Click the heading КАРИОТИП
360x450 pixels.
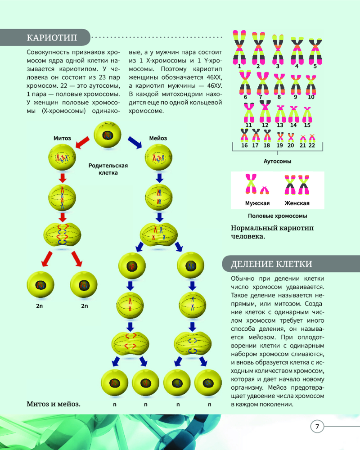[x=52, y=38]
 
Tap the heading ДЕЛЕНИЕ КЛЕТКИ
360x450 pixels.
[x=271, y=264]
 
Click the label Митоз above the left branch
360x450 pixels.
[x=62, y=138]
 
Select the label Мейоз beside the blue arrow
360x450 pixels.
[x=158, y=138]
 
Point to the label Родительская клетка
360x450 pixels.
[x=108, y=169]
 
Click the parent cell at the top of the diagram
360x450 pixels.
[x=108, y=135]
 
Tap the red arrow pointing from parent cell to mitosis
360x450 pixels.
[x=82, y=142]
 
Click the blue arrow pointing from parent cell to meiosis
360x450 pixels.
[x=135, y=142]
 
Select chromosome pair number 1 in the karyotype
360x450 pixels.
[x=239, y=47]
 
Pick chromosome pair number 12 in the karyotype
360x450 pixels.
[x=265, y=111]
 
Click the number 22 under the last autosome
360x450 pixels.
[x=312, y=145]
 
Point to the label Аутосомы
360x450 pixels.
[x=277, y=161]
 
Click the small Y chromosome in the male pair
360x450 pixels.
[x=265, y=190]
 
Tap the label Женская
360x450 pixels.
[x=297, y=203]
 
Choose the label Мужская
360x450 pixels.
[x=257, y=203]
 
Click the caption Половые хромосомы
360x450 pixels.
[x=277, y=216]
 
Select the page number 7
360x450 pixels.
[x=317, y=426]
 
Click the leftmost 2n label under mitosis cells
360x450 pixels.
[x=40, y=306]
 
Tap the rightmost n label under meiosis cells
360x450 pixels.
[x=210, y=405]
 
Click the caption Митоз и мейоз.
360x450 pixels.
[x=54, y=404]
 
